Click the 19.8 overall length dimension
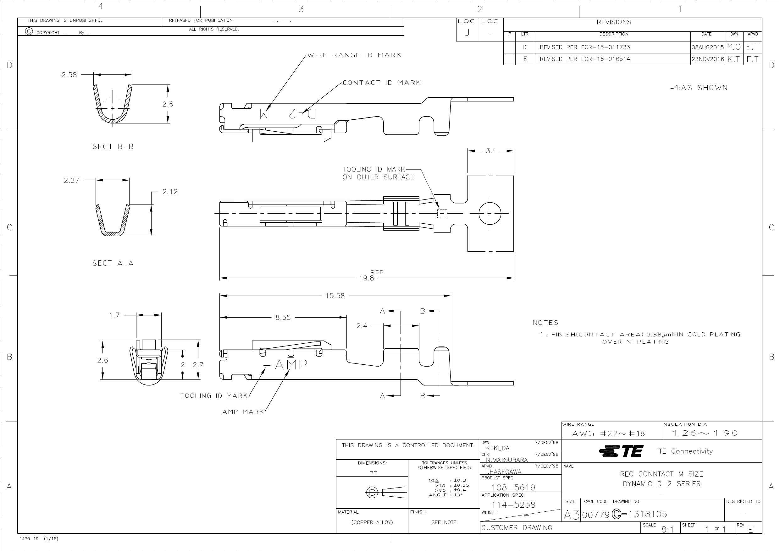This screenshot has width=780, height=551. [x=367, y=278]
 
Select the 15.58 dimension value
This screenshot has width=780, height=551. [x=335, y=296]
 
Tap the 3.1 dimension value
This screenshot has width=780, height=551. [x=491, y=151]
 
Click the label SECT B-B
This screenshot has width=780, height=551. [x=113, y=147]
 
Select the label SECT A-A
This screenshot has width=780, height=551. [x=113, y=264]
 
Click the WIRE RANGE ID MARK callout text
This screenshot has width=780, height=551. [x=354, y=55]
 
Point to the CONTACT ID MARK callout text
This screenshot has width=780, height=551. [x=381, y=83]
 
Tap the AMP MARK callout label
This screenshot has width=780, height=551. [x=243, y=412]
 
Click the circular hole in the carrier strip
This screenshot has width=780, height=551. [x=490, y=214]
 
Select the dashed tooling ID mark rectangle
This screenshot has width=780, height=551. [x=442, y=214]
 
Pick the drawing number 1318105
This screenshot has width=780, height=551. [x=648, y=514]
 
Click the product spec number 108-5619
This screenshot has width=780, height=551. [x=513, y=488]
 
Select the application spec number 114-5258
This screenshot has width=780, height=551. [x=513, y=505]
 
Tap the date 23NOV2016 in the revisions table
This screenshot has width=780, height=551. [x=707, y=59]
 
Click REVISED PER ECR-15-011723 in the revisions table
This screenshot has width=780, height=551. [x=585, y=47]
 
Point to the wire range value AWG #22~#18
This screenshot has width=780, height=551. [x=608, y=434]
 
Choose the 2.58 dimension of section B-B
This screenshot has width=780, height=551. [x=69, y=75]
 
